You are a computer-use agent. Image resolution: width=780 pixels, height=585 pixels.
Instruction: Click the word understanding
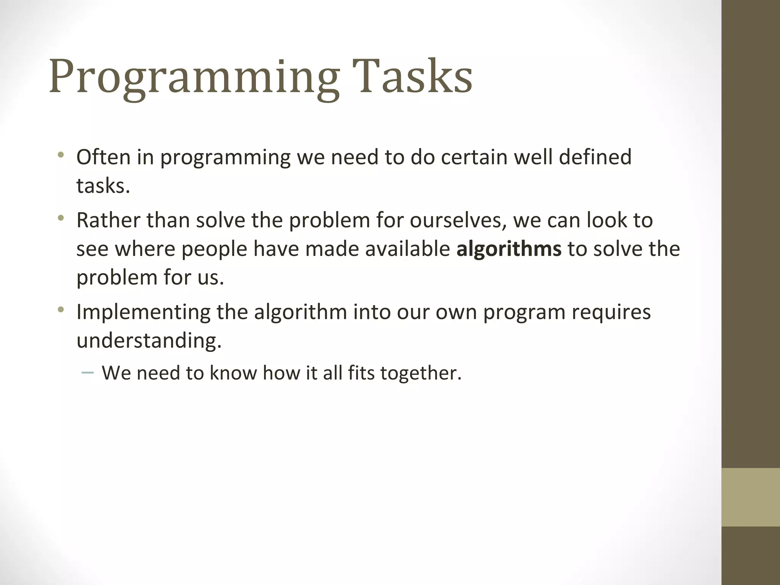(149, 340)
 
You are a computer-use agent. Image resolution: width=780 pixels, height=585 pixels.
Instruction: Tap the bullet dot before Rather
(61, 218)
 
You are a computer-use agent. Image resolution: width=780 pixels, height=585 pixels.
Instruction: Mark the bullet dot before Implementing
(61, 310)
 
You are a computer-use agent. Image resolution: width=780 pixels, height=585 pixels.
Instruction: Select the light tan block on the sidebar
(750, 497)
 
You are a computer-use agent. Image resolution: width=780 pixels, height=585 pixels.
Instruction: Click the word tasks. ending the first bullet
(103, 186)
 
